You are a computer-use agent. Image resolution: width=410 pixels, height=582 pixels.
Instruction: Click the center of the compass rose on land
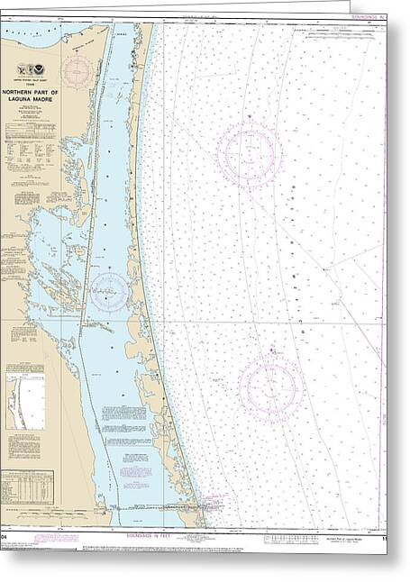(77, 69)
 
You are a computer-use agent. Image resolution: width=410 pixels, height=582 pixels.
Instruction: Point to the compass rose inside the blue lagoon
(109, 290)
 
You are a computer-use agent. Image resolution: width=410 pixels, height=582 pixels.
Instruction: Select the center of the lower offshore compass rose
(270, 387)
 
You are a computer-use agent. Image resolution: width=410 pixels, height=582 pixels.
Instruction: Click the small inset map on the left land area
(25, 402)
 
